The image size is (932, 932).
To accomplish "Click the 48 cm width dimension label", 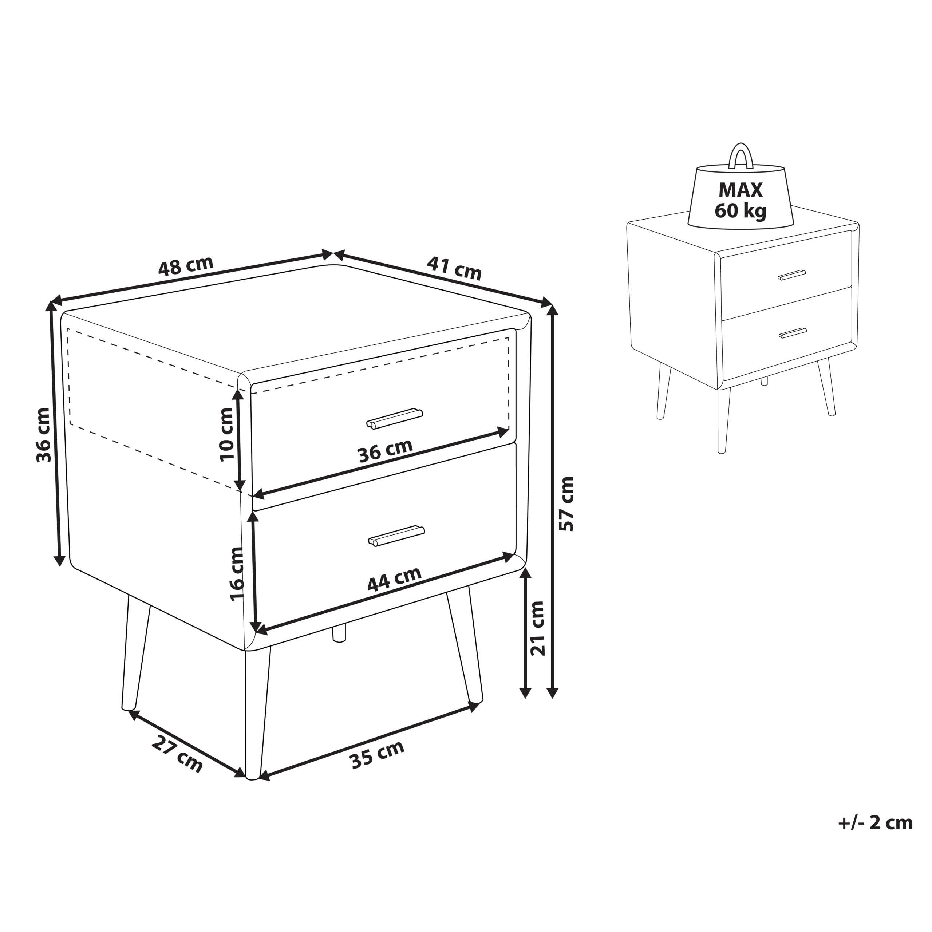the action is [x=186, y=266].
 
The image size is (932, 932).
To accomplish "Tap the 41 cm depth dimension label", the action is [x=454, y=268].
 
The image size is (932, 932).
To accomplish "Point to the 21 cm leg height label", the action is [x=537, y=628].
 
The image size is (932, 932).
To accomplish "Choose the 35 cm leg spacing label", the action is [x=377, y=754].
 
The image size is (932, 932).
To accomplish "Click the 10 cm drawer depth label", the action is [x=226, y=435].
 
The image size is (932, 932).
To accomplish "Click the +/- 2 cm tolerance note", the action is [x=875, y=822].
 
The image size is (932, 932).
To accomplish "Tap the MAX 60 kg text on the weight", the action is [x=741, y=200].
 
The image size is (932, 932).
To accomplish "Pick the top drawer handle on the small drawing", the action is [x=791, y=275].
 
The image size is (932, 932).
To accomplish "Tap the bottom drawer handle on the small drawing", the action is [x=793, y=333].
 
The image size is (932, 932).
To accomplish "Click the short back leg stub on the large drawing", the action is [x=339, y=634].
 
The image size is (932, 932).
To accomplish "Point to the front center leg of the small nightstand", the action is [x=723, y=420].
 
